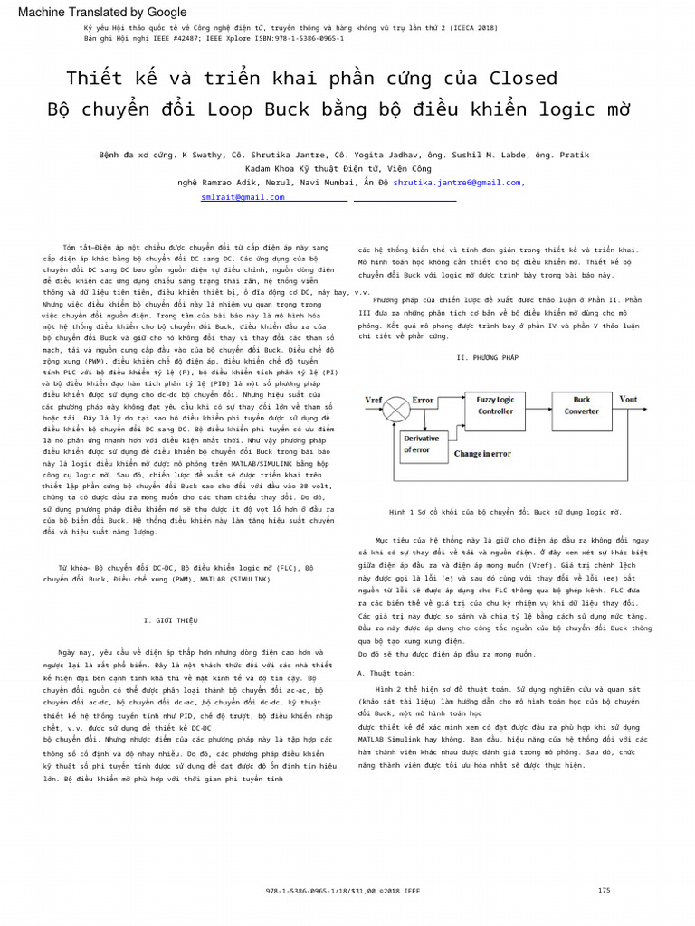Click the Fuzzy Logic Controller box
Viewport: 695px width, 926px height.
pos(495,405)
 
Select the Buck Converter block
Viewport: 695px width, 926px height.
pos(582,405)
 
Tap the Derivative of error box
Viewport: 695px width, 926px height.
pos(422,444)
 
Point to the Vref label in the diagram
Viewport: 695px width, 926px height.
pos(373,399)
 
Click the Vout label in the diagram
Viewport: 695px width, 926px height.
pos(628,399)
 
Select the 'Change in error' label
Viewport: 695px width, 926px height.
pos(482,454)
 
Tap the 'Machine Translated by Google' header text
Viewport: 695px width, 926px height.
pos(102,12)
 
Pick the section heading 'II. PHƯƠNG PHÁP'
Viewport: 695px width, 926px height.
pos(488,358)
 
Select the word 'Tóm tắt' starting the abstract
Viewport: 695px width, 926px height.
pos(77,247)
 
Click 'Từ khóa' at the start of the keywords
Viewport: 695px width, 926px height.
pos(73,568)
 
